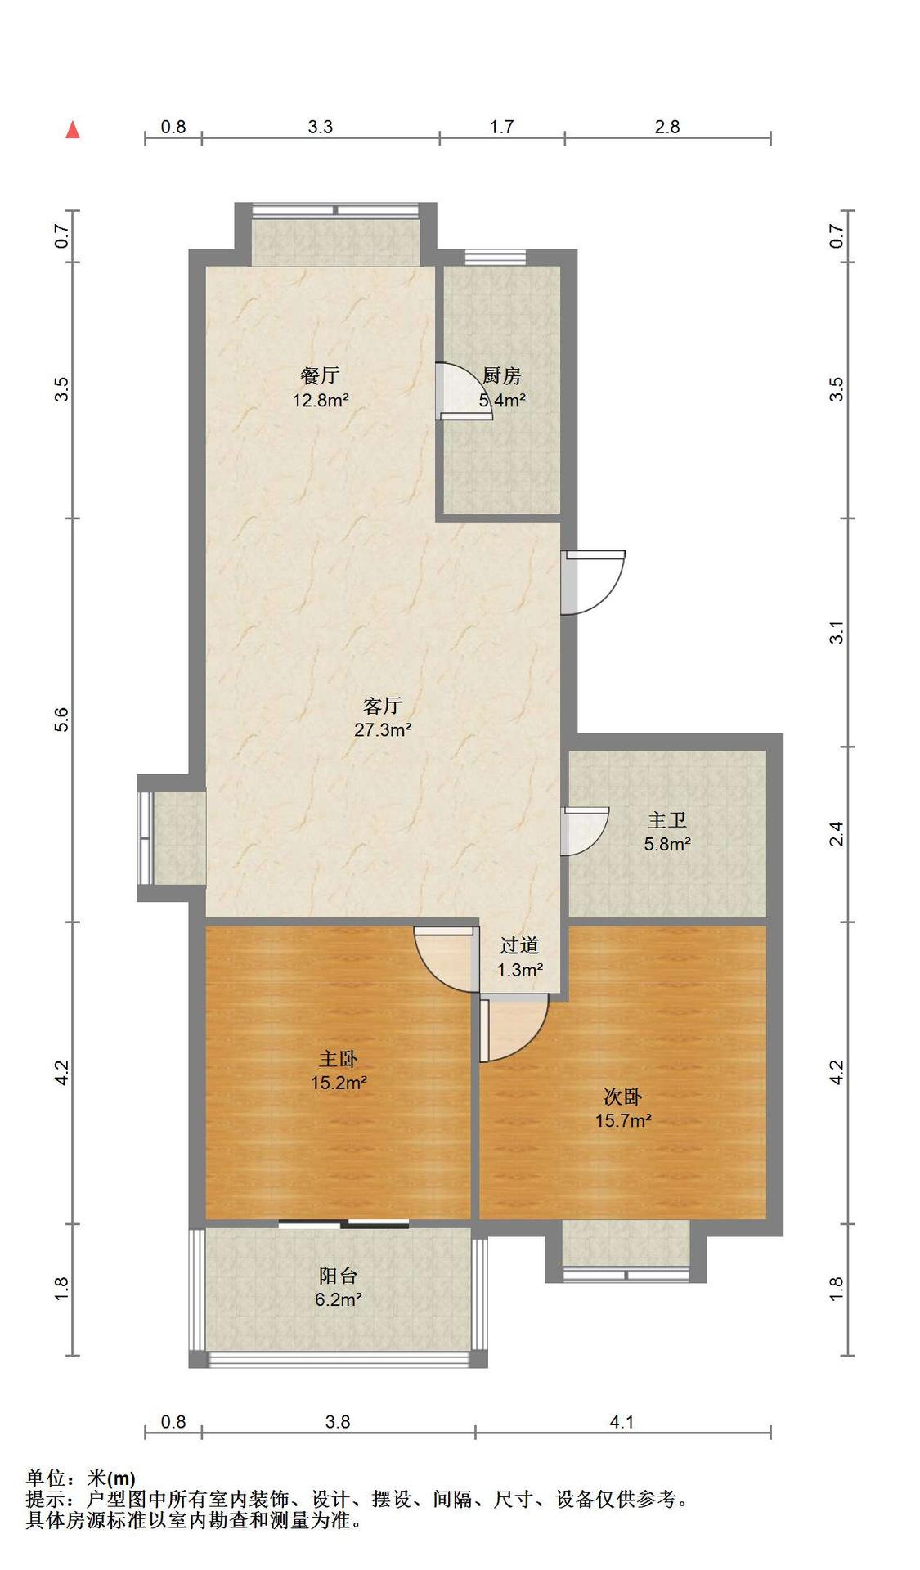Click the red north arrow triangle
click(x=73, y=129)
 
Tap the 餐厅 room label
click(x=320, y=376)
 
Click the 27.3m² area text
click(x=382, y=729)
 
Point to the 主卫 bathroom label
click(x=667, y=820)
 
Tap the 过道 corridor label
click(x=519, y=945)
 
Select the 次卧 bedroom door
click(x=514, y=1029)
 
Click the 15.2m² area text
click(x=338, y=1083)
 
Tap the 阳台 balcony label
click(x=338, y=1275)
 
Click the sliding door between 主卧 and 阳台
click(x=343, y=1224)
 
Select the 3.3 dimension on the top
click(x=321, y=127)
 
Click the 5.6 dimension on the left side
click(x=61, y=720)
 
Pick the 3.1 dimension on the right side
click(x=836, y=632)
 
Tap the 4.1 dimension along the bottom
click(x=622, y=1422)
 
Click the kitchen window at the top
click(x=496, y=257)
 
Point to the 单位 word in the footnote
click(x=46, y=1478)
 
